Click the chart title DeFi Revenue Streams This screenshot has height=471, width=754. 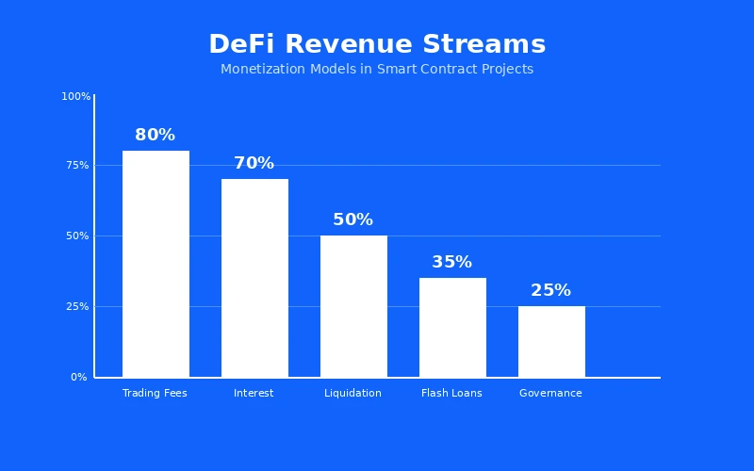point(377,44)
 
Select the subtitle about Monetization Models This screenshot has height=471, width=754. point(377,69)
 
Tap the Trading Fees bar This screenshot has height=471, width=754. point(156,264)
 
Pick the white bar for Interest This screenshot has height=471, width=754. point(254,278)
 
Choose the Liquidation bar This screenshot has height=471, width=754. point(353,306)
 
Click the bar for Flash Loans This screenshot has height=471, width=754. point(452,327)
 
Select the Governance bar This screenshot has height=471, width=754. point(551,341)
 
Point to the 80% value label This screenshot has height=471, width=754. point(156,135)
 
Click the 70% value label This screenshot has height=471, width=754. point(254,163)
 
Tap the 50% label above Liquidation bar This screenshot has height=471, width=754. point(353,219)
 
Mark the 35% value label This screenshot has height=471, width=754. point(452,262)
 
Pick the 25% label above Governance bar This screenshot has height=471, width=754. point(551,290)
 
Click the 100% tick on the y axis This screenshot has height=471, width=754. point(76,96)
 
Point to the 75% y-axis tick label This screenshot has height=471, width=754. point(78,165)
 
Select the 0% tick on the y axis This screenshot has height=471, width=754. point(79,377)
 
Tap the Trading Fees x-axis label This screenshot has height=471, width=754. point(156,393)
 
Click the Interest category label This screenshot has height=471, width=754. point(254,393)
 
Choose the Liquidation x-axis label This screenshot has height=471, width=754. point(353,393)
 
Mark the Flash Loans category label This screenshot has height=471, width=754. point(452,393)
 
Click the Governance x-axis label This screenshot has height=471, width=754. point(551,393)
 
